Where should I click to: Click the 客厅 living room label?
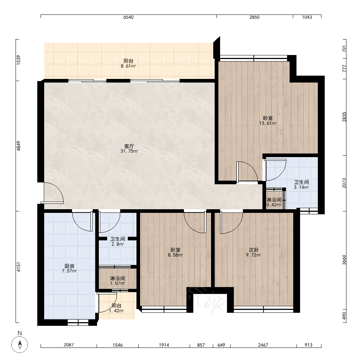point(129,146)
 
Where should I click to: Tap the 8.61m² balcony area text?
point(128,66)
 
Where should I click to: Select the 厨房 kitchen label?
point(69,266)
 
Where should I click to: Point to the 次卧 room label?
point(253,250)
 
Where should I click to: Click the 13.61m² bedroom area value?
point(268,123)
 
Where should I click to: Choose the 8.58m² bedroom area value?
point(176,255)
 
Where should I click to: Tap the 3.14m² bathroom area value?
point(301,187)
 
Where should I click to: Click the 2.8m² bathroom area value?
point(118,244)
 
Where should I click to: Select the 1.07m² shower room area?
point(118,283)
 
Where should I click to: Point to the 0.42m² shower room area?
point(274,205)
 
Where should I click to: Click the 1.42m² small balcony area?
point(116,311)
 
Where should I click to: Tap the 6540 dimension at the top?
point(129,17)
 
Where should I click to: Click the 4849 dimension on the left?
point(19,146)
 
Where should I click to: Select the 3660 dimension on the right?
point(344,260)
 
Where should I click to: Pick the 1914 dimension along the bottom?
point(164,345)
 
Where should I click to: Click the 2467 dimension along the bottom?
point(263,345)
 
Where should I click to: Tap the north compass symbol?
point(20,345)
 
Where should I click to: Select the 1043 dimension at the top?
point(307,17)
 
